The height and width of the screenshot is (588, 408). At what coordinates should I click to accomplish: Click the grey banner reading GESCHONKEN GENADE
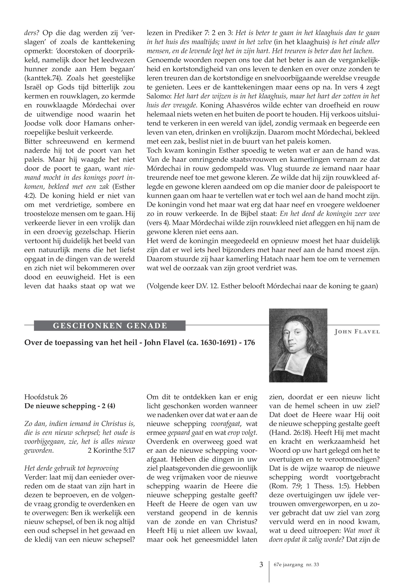pos(110,326)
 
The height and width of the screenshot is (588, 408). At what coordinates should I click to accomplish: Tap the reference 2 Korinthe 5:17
pos(111,450)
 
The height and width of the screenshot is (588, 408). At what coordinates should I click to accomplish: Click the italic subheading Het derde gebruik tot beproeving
pos(71,468)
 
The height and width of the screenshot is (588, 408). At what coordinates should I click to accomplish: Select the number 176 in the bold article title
pos(249,342)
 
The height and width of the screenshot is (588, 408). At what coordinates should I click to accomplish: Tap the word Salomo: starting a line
pos(159,96)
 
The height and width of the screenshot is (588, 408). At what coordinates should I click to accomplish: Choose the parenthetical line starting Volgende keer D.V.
pos(262,286)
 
